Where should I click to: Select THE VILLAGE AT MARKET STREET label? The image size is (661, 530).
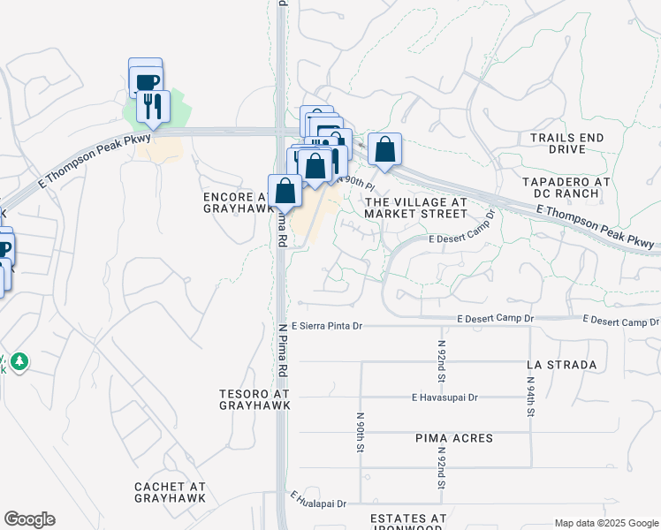tap(415, 208)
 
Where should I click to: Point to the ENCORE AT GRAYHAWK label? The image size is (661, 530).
tap(233, 202)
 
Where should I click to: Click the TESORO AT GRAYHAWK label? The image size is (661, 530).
tap(255, 399)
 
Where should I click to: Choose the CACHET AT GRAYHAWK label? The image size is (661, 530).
tap(171, 492)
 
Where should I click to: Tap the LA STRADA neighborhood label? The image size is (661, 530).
tap(561, 364)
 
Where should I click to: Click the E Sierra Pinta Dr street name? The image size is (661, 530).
tap(327, 326)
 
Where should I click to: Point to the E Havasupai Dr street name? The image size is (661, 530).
tap(444, 397)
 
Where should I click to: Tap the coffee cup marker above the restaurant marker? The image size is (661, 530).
tap(146, 80)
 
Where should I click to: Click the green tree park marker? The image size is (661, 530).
tap(19, 362)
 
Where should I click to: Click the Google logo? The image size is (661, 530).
tap(29, 519)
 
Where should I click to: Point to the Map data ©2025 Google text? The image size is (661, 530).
tap(605, 523)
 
